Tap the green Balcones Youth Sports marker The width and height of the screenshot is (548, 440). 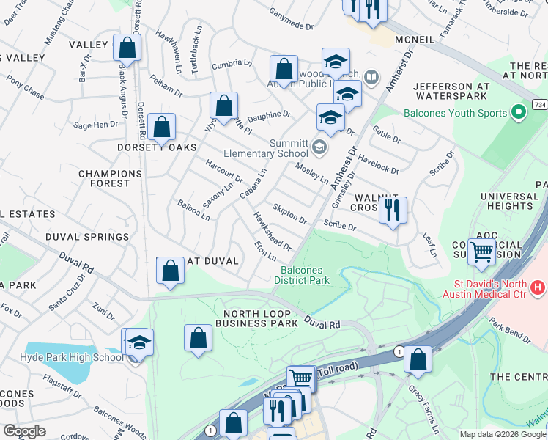(x=519, y=113)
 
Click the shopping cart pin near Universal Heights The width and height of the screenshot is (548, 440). (x=481, y=252)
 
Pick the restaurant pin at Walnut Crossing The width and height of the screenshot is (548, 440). (x=393, y=210)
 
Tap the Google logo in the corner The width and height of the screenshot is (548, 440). (x=24, y=431)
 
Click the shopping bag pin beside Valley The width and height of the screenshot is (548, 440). (x=127, y=48)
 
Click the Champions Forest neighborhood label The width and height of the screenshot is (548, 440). (x=110, y=179)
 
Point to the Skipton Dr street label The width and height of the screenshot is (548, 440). (x=289, y=214)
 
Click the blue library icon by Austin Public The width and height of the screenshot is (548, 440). (x=372, y=77)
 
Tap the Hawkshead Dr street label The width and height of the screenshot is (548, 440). (x=272, y=231)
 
